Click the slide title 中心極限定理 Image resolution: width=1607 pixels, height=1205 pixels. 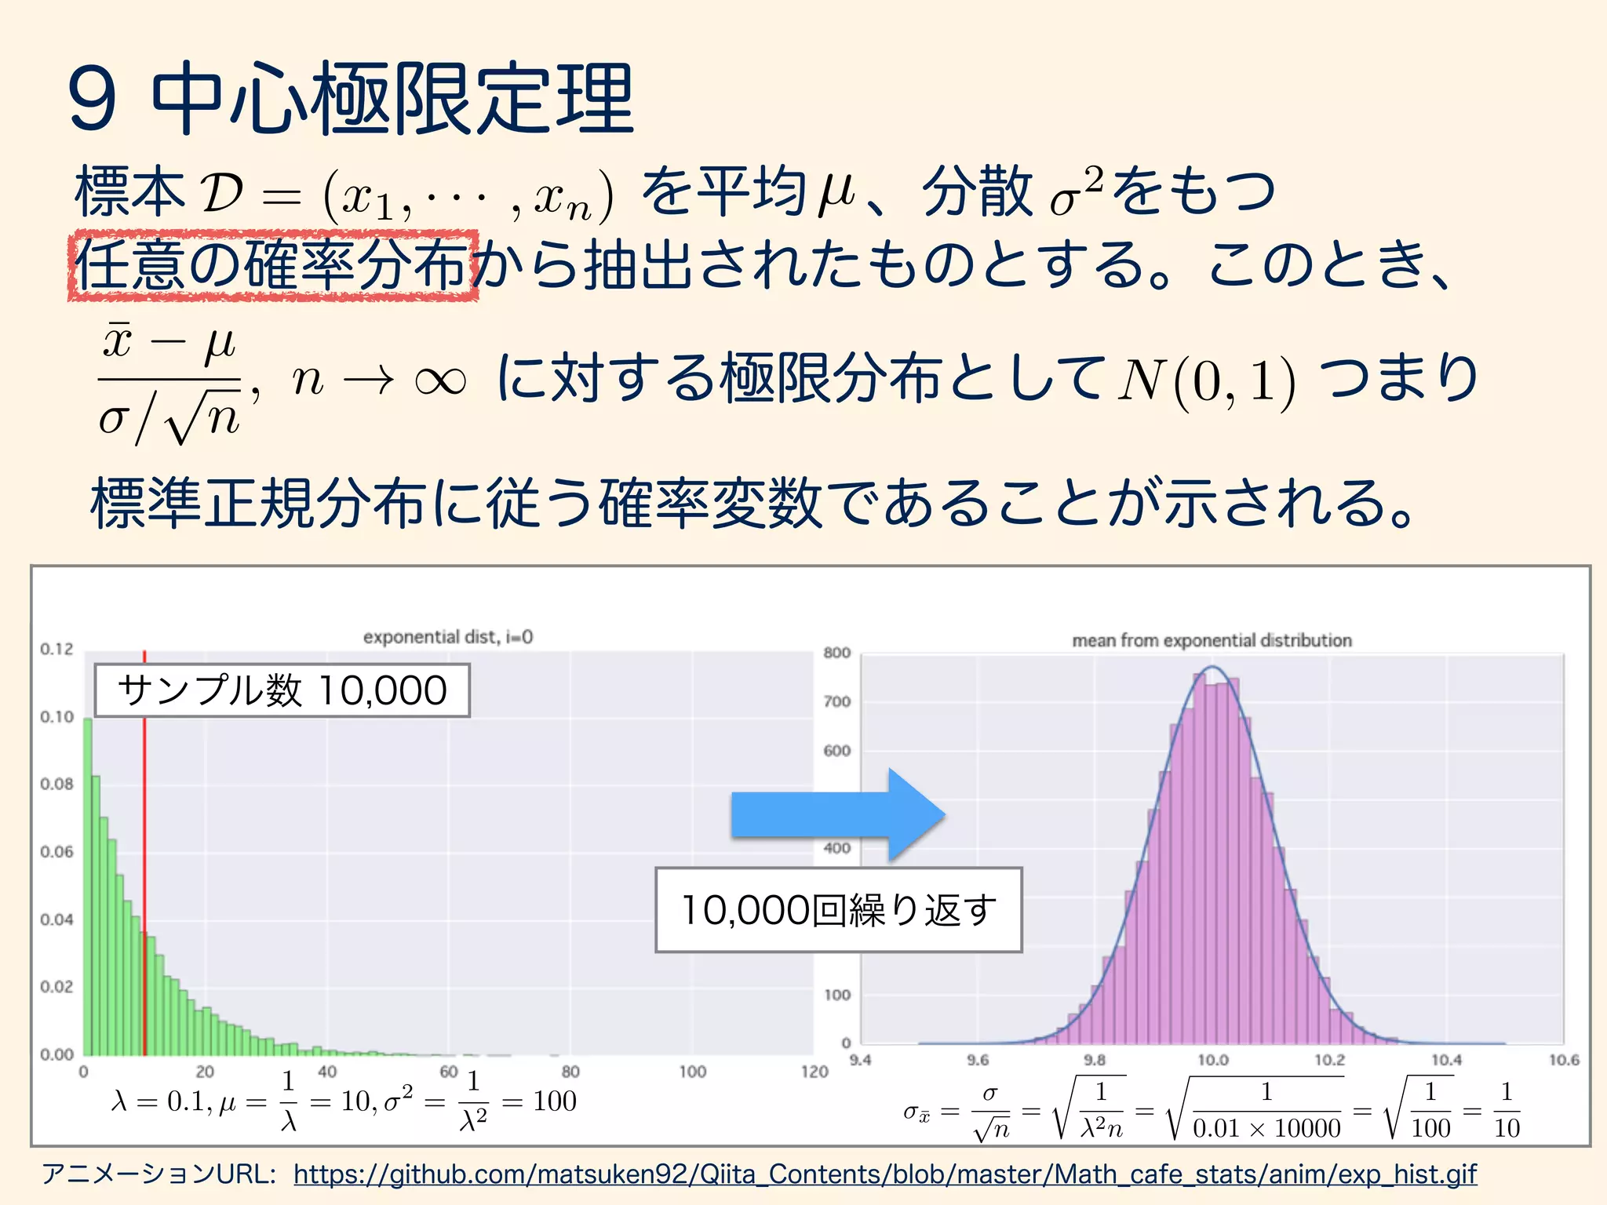point(392,100)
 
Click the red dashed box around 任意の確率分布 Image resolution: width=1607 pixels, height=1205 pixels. point(272,266)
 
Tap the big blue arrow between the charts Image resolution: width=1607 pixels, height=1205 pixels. point(838,815)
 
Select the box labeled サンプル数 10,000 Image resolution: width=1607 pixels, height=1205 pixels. point(282,690)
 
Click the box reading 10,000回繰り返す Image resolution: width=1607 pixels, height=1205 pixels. point(838,910)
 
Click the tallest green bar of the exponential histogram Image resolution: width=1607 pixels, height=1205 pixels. point(88,886)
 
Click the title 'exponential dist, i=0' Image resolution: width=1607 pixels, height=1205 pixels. point(448,637)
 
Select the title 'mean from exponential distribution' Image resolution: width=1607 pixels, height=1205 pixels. point(1212,640)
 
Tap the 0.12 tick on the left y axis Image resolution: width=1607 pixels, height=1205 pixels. point(56,649)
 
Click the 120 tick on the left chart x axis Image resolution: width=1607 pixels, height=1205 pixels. point(814,1072)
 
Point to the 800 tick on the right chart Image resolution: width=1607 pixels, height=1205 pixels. point(836,653)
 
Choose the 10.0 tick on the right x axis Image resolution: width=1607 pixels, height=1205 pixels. point(1212,1060)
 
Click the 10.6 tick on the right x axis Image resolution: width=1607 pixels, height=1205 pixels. point(1563,1060)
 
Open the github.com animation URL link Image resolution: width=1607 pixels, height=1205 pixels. point(885,1174)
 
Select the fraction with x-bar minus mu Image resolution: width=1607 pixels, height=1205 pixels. point(169,383)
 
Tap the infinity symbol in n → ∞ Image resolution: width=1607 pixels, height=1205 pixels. point(439,381)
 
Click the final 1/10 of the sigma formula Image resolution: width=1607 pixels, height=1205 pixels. point(1507,1110)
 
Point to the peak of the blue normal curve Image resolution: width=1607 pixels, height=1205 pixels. point(1212,667)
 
